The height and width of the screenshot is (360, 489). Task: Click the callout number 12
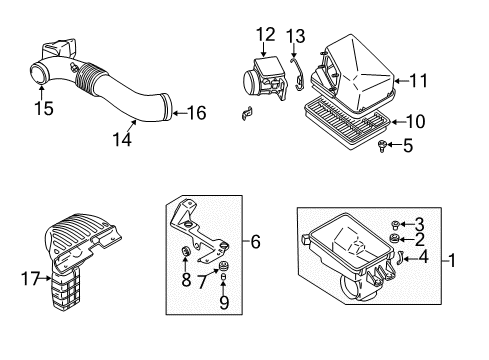264,35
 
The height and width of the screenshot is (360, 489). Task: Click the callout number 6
256,241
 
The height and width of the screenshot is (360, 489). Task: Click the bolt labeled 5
383,148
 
